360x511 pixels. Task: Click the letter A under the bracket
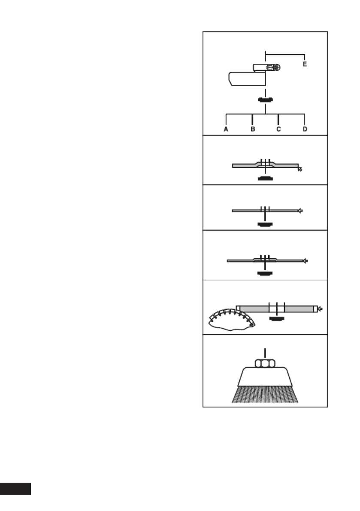[x=225, y=129]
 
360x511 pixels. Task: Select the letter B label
[x=253, y=129]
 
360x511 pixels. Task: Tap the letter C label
[x=278, y=129]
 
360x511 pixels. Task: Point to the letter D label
[x=305, y=129]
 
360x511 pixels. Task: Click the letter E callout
[x=305, y=64]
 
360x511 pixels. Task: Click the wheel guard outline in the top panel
[x=246, y=80]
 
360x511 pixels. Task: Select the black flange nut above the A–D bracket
[x=265, y=100]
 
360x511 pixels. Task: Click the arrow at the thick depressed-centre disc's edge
[x=300, y=169]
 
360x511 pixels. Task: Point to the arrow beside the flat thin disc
[x=300, y=210]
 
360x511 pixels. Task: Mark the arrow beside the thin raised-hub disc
[x=306, y=260]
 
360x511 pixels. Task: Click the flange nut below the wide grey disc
[x=277, y=319]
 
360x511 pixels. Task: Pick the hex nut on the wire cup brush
[x=265, y=363]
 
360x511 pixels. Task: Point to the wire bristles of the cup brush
[x=265, y=394]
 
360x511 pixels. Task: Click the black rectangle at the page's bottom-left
[x=15, y=489]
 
